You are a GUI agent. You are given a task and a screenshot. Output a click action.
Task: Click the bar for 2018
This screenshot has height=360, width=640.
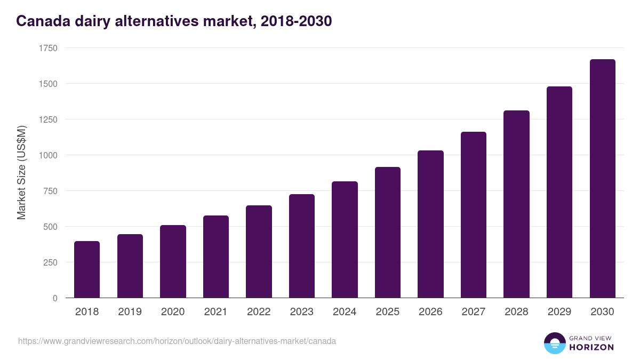tap(87, 269)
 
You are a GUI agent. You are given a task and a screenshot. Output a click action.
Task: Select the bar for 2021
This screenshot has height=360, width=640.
tap(216, 257)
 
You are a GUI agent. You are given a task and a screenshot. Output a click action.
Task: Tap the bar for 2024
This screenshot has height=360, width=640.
tap(345, 239)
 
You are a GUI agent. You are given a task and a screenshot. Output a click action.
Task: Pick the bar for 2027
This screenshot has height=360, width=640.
tap(474, 215)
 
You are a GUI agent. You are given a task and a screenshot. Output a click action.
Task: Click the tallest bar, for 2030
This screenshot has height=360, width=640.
tap(602, 179)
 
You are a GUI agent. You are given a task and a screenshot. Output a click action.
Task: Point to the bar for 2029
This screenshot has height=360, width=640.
tap(559, 192)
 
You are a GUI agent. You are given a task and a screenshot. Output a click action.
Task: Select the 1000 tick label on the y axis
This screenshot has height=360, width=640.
tap(48, 155)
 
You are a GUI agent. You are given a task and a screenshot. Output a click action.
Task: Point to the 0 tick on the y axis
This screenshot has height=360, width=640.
tap(55, 298)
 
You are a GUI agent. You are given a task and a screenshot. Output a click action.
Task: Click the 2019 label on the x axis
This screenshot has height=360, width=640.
tap(130, 312)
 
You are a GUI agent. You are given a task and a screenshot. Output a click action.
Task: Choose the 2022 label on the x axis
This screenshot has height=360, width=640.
tap(259, 312)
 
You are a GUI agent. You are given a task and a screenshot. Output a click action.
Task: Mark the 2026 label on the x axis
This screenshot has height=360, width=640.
tap(430, 312)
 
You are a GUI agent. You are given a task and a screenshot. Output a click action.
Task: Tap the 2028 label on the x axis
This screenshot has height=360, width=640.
tap(516, 312)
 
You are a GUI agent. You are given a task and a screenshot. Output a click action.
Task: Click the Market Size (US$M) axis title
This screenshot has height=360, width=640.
tap(21, 173)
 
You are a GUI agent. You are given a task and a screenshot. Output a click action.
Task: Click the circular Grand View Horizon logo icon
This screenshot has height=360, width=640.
tap(555, 343)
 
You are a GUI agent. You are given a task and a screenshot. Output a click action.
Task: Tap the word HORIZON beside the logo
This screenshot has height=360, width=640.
tap(591, 347)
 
